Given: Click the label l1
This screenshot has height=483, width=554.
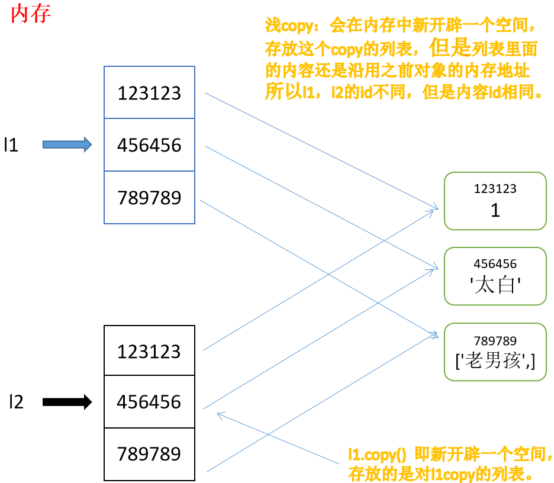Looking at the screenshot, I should [11, 145].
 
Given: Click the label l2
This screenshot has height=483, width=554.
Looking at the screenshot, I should [16, 402].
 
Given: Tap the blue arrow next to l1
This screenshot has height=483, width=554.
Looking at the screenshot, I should [67, 144].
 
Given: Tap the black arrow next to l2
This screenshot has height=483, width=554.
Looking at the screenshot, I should [67, 402].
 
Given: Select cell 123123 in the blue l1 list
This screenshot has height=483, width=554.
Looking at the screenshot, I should [149, 93].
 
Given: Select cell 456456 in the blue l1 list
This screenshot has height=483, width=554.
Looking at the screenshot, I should [149, 145].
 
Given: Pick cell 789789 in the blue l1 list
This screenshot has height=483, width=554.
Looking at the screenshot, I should [149, 198].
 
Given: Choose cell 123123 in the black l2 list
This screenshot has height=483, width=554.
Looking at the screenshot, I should [149, 351].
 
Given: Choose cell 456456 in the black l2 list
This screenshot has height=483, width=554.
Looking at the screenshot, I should [149, 402].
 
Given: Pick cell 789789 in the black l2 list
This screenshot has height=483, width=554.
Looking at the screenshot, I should [149, 454].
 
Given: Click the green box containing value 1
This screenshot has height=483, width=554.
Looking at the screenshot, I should [495, 201].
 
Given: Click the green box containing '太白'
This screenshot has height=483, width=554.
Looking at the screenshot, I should [495, 276].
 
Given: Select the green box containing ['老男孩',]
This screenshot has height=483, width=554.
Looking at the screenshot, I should [495, 352].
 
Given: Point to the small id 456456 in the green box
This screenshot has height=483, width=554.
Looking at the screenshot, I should [495, 264].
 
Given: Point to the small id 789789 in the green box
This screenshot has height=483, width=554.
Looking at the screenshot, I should [495, 340].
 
